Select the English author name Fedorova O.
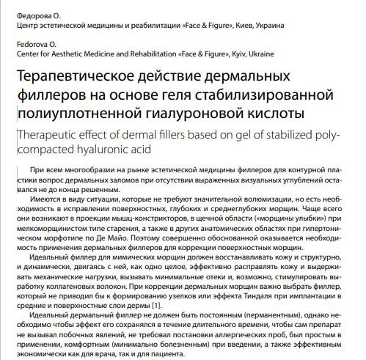pyautogui.click(x=32, y=44)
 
